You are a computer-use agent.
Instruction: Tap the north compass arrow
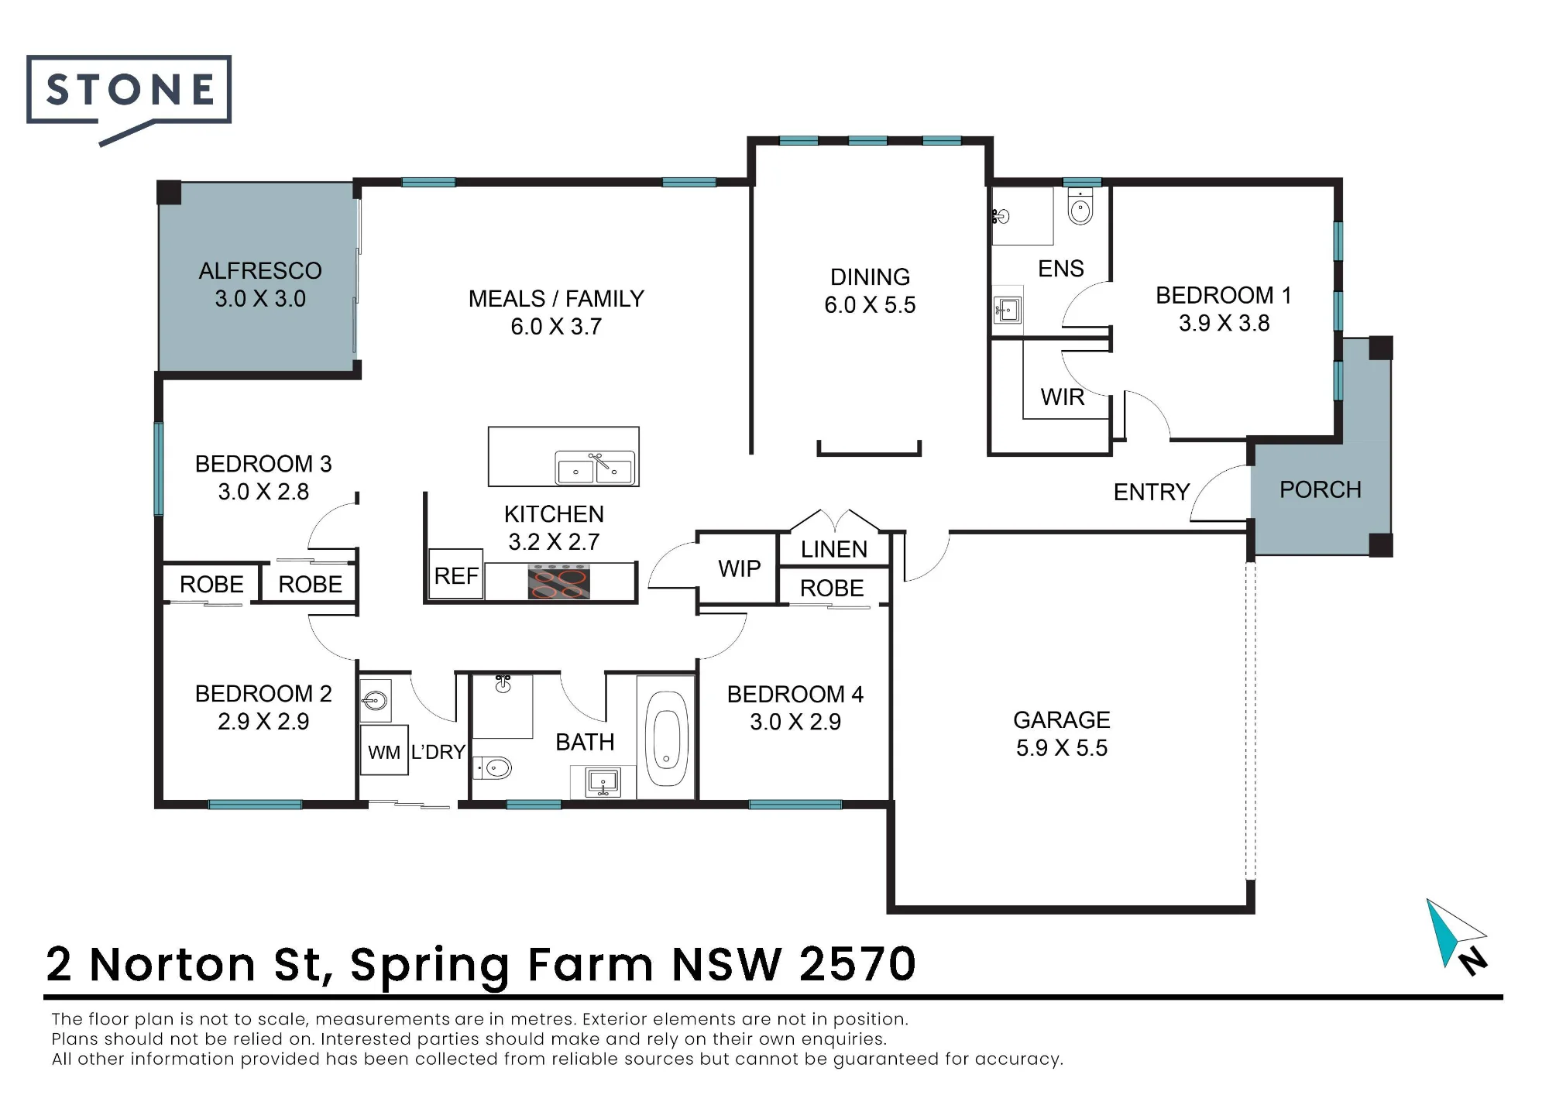(1456, 935)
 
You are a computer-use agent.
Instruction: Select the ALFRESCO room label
(260, 271)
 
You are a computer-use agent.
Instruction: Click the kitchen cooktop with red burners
(559, 582)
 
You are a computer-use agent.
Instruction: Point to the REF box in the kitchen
(456, 575)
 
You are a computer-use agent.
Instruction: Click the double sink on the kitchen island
(595, 468)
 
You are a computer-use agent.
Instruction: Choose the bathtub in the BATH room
(666, 737)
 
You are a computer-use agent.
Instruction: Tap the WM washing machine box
(384, 750)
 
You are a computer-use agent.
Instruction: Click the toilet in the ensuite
(1080, 207)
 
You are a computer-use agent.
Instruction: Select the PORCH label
(1321, 489)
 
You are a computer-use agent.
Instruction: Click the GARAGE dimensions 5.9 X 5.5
(1062, 748)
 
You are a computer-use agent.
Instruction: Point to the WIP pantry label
(740, 569)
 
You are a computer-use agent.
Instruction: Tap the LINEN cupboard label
(834, 549)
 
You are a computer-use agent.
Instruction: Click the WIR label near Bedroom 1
(1063, 397)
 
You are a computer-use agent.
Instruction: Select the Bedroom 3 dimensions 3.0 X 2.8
(263, 492)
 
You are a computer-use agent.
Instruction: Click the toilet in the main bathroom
(493, 767)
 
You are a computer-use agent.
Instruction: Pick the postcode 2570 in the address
(857, 964)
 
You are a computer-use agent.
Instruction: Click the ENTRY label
(1152, 492)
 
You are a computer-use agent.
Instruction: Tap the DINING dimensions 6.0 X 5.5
(870, 305)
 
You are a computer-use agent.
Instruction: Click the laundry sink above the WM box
(376, 701)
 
